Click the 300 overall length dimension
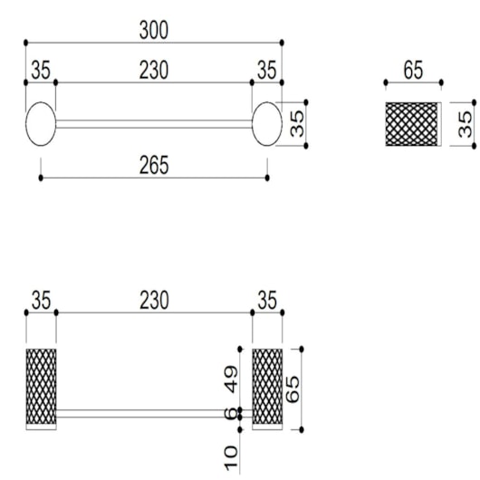point(154,30)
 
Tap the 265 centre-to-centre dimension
point(154,165)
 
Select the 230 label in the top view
point(154,70)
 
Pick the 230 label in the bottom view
point(154,301)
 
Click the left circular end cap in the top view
point(41,124)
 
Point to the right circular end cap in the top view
point(267,124)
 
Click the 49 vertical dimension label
point(231,379)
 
